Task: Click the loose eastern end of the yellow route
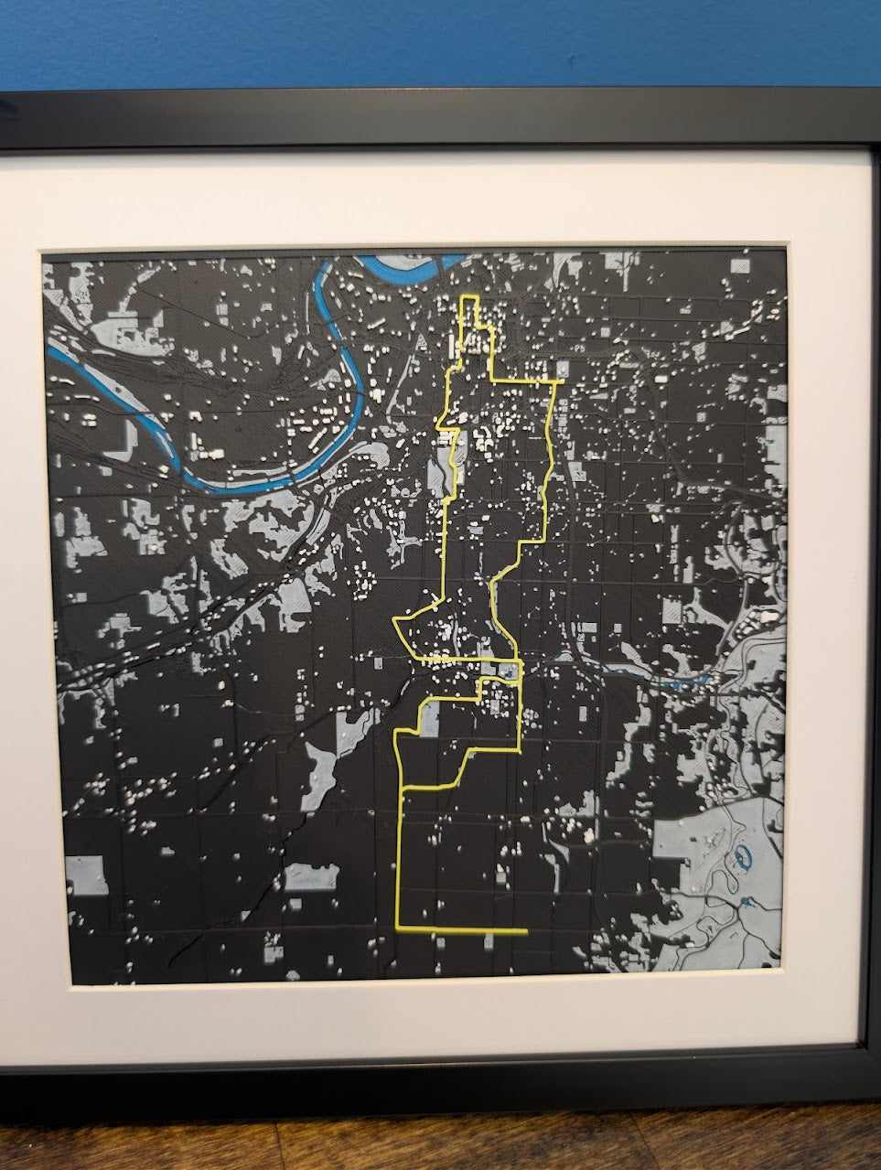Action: click(x=525, y=931)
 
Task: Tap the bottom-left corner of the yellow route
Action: click(x=397, y=928)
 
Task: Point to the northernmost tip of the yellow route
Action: click(x=468, y=297)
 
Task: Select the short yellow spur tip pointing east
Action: click(x=562, y=380)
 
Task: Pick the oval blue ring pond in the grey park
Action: click(x=743, y=857)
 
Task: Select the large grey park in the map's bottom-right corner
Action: click(x=723, y=878)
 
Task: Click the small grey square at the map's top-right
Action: click(x=740, y=265)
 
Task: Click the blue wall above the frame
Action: click(x=439, y=41)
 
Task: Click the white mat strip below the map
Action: click(x=439, y=1015)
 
